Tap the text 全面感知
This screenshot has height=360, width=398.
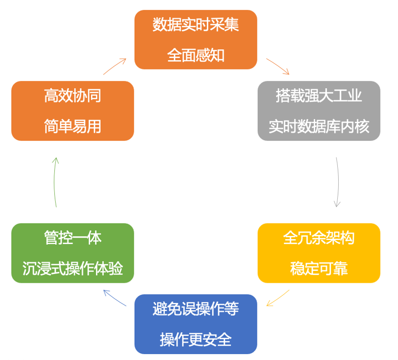click(196, 56)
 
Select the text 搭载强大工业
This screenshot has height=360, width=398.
click(319, 96)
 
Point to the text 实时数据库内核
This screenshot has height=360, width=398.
click(319, 126)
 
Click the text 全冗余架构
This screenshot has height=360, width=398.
click(319, 239)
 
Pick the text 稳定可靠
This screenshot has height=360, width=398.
click(319, 269)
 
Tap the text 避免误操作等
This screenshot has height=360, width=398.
click(196, 309)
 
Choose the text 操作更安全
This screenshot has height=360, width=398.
click(196, 339)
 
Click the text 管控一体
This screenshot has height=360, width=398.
click(73, 239)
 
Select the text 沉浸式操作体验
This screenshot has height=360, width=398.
click(73, 269)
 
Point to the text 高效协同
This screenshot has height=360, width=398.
click(73, 96)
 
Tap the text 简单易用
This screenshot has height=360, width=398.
click(73, 126)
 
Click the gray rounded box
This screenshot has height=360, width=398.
click(319, 111)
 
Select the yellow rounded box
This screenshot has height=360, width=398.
click(319, 253)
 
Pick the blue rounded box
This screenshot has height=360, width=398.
click(196, 324)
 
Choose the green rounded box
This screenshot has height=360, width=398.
click(73, 253)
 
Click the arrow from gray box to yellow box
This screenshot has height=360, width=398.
click(338, 182)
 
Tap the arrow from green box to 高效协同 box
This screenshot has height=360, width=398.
click(55, 182)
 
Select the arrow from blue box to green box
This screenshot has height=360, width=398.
click(114, 297)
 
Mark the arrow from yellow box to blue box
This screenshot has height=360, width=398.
click(278, 297)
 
